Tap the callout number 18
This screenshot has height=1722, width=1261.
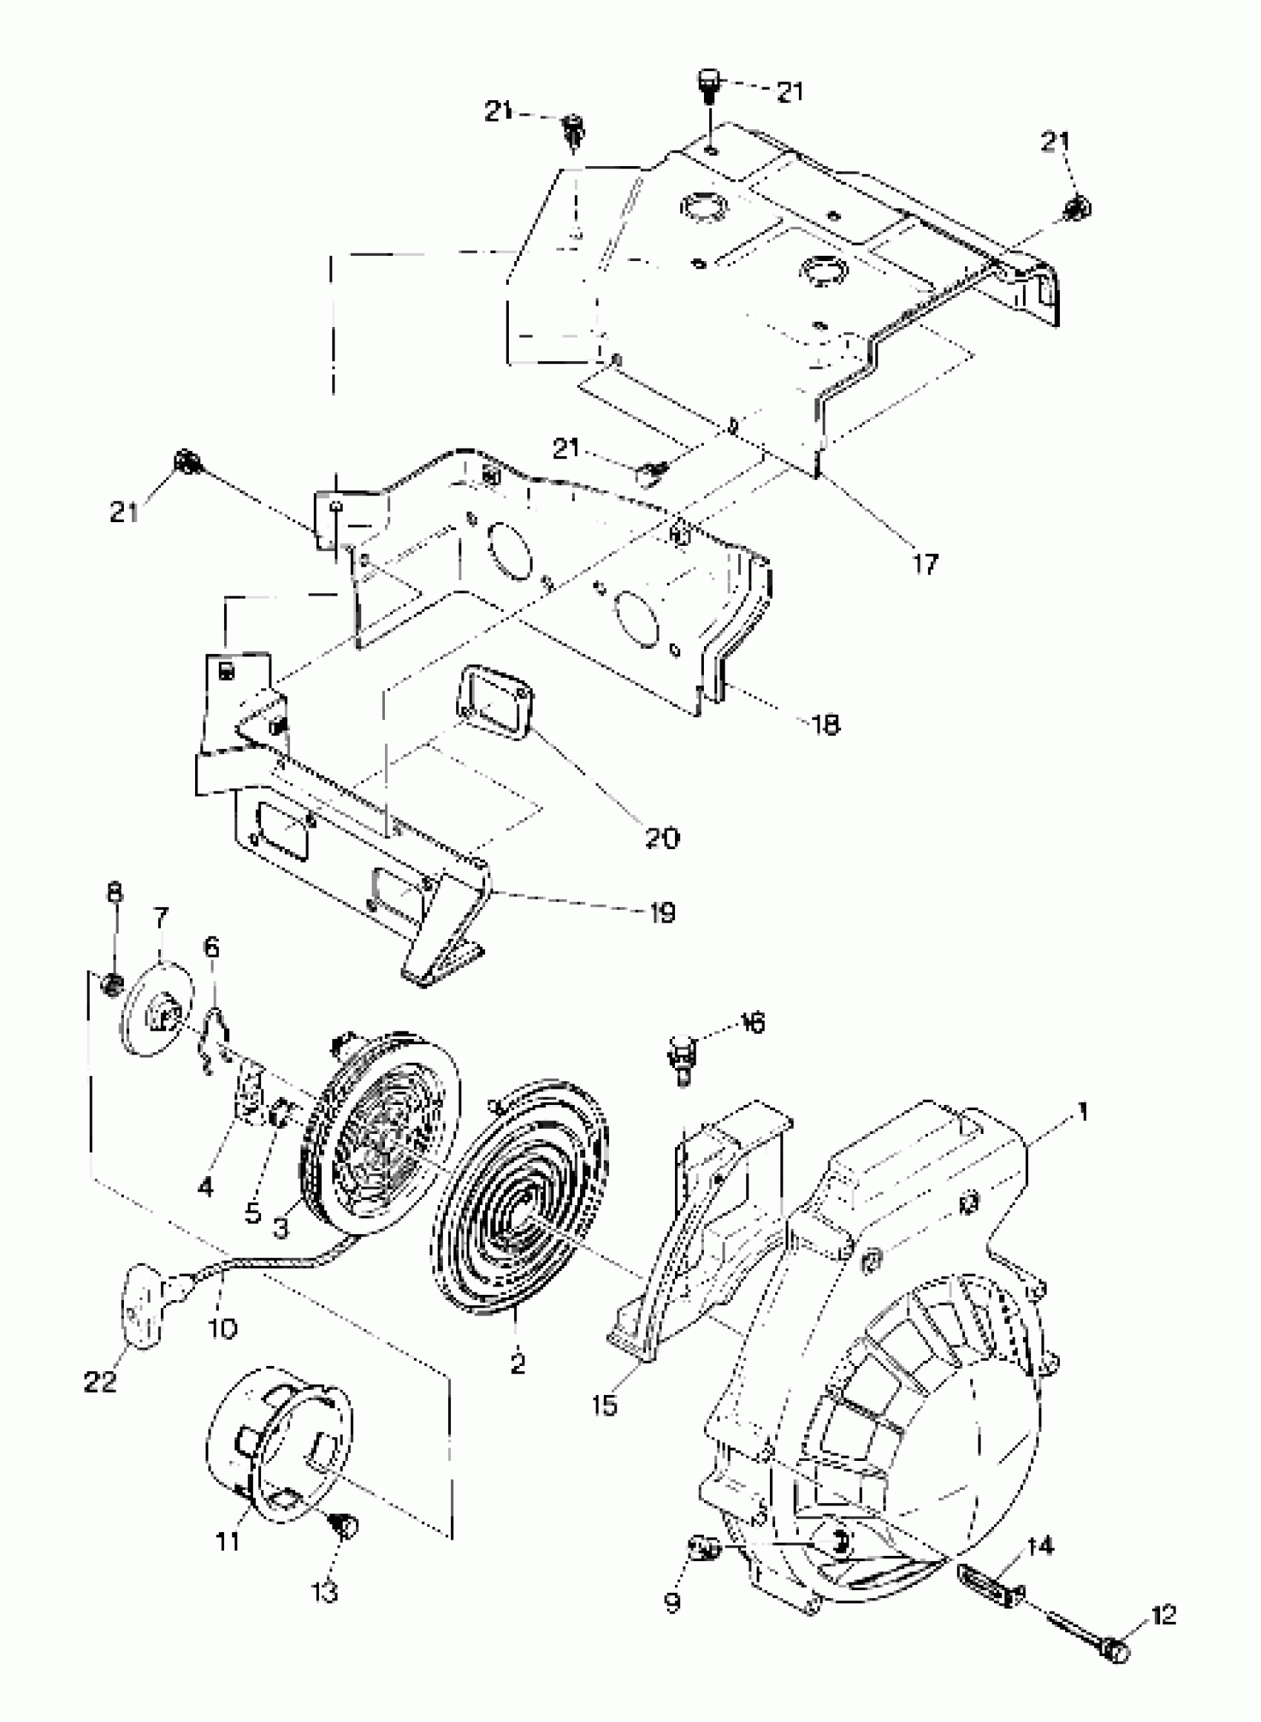pyautogui.click(x=823, y=723)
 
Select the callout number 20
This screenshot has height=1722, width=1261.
pyautogui.click(x=662, y=839)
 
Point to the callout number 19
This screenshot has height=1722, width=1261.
pyautogui.click(x=662, y=912)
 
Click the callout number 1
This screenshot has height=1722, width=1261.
pyautogui.click(x=1081, y=1112)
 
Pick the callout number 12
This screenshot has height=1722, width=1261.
pyautogui.click(x=1163, y=1615)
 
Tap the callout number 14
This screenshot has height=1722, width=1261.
pyautogui.click(x=1041, y=1546)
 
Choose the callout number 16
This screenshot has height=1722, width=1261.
pyautogui.click(x=752, y=1023)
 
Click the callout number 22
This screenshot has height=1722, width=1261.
pyautogui.click(x=100, y=1381)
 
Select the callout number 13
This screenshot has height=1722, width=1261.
pyautogui.click(x=324, y=1593)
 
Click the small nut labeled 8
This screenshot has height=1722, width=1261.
pyautogui.click(x=113, y=986)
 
